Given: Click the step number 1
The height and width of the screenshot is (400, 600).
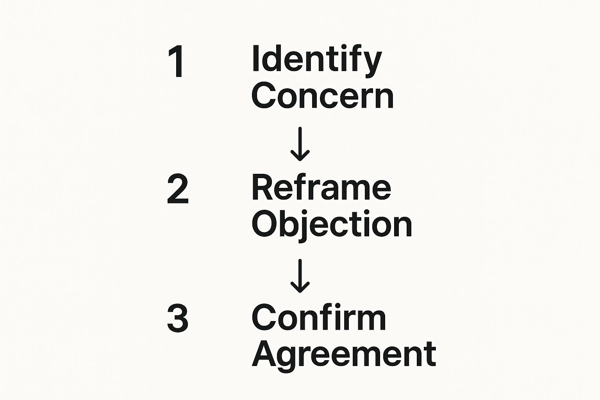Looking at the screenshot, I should (x=177, y=62).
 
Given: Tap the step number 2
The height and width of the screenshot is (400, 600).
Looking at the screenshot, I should (x=178, y=189).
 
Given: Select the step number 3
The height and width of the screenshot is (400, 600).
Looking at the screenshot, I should (x=178, y=319).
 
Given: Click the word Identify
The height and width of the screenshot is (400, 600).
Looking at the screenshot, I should (x=316, y=59).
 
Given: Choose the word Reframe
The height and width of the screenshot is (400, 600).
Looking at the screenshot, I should (x=321, y=188).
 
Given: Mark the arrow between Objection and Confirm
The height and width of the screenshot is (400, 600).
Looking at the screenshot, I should (x=300, y=275).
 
